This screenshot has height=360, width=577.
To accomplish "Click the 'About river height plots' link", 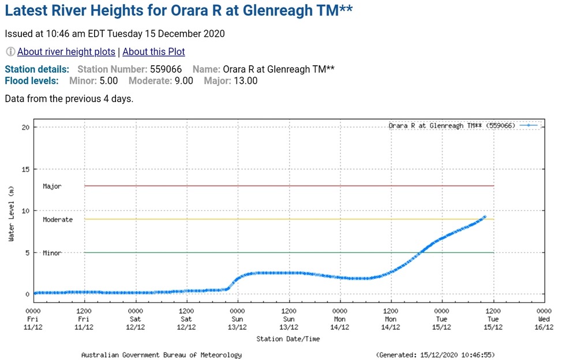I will [x=66, y=52].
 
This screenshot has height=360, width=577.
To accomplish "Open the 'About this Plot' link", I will [x=153, y=52].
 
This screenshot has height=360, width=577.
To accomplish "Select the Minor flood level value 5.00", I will [x=108, y=81].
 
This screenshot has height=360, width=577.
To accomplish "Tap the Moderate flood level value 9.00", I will [x=184, y=81].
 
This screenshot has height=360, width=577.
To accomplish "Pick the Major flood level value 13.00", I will [x=245, y=81].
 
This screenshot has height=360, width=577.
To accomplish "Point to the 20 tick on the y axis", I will [x=26, y=127].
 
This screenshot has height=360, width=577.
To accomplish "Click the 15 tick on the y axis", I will [x=26, y=169].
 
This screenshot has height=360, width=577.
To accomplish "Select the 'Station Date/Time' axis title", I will [x=288, y=339].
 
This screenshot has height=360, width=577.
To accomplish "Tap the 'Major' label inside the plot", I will [x=52, y=186].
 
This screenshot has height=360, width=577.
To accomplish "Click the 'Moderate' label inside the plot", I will [x=58, y=220].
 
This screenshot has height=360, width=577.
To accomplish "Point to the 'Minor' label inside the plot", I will [x=52, y=253].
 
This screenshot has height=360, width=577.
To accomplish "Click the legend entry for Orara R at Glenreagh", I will [x=451, y=126].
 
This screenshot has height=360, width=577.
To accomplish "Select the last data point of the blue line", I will [x=485, y=217].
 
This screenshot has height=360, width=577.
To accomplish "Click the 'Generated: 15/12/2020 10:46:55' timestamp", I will [x=435, y=355].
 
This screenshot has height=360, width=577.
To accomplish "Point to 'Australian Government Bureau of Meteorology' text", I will [x=161, y=355].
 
